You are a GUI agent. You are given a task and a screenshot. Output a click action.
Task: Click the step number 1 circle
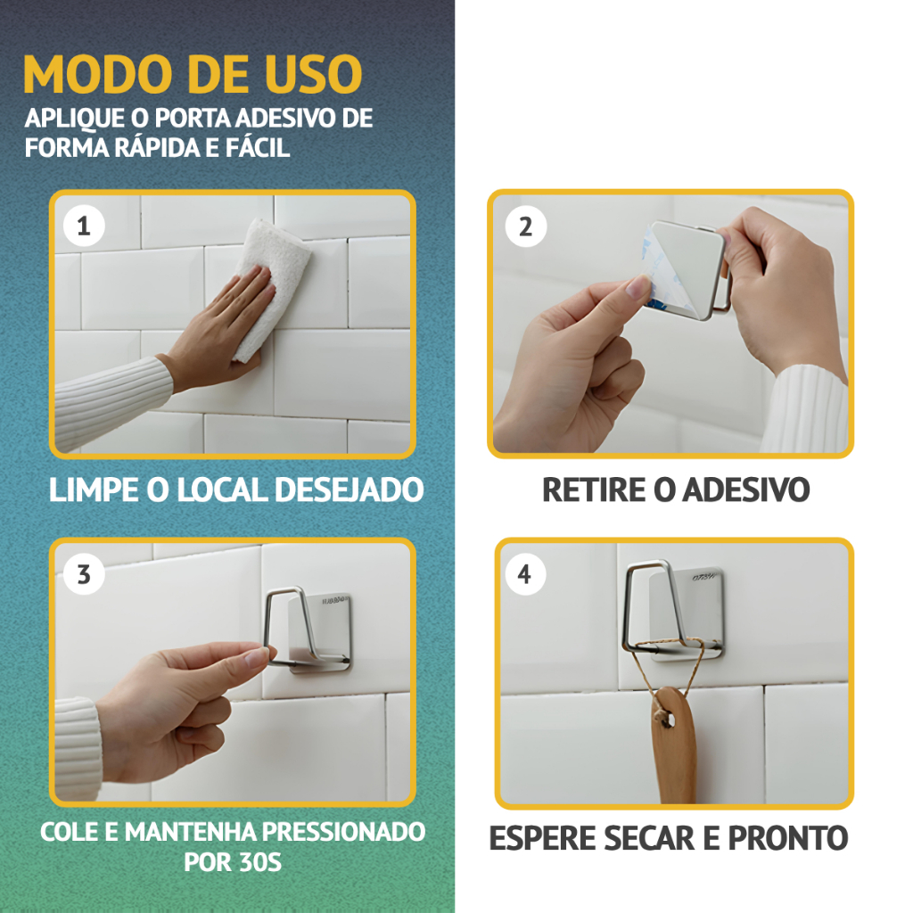pos(84,226)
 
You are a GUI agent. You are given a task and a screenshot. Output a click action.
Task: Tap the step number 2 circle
pos(526,226)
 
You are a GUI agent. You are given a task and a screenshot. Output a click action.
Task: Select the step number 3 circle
pos(84,575)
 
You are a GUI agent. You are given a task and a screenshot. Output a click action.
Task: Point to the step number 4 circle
pos(524,574)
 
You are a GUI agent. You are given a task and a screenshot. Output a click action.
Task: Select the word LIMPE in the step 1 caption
pos(93,489)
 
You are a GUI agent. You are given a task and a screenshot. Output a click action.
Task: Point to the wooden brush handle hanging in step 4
pos(673,746)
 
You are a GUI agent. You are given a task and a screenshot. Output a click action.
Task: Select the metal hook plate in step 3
pos(320,632)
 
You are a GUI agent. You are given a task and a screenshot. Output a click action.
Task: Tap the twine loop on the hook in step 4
pos(670,670)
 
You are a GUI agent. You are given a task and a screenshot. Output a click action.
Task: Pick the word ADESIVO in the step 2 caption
pos(746,489)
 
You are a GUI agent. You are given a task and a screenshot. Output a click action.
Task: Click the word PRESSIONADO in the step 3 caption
pos(343,832)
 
